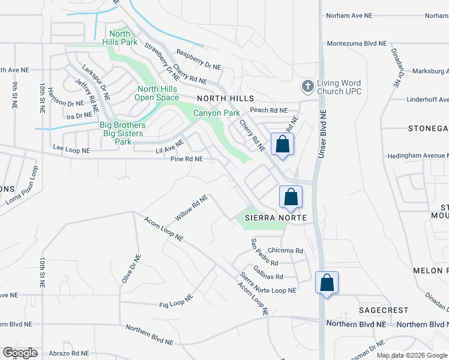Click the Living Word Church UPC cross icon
pyautogui.click(x=307, y=86)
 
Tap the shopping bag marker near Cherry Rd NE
pyautogui.click(x=283, y=145)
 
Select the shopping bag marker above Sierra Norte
pyautogui.click(x=291, y=197)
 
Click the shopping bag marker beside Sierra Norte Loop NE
pyautogui.click(x=327, y=283)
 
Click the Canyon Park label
pyautogui.click(x=216, y=113)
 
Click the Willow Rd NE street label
pyautogui.click(x=191, y=207)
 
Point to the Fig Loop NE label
pyautogui.click(x=176, y=301)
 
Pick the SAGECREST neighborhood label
pyautogui.click(x=384, y=310)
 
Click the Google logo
pyautogui.click(x=20, y=353)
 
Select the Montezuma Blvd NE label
pyautogui.click(x=357, y=44)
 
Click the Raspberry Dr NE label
pyautogui.click(x=199, y=60)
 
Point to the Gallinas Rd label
pyautogui.click(x=268, y=273)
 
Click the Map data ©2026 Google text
pyautogui.click(x=412, y=355)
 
